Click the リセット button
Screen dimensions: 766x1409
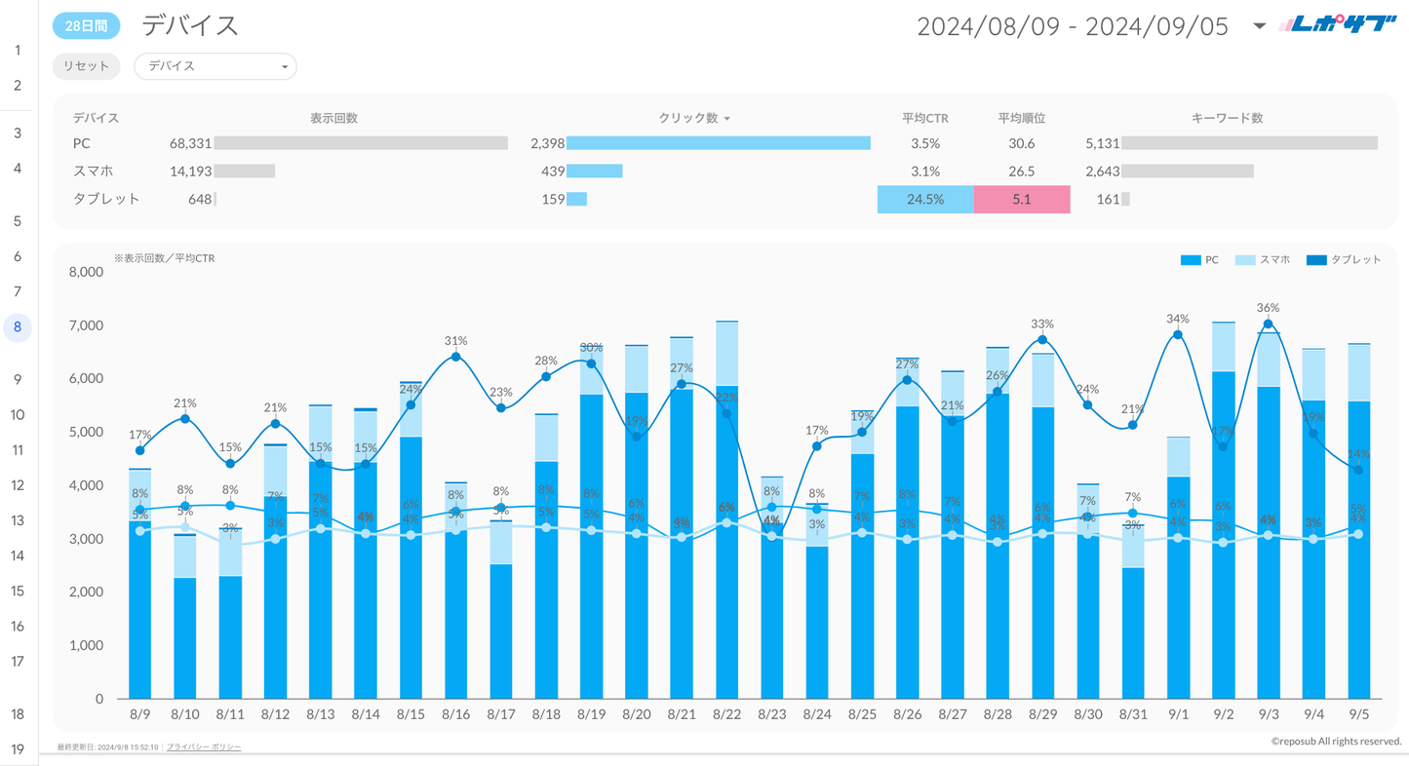click(86, 66)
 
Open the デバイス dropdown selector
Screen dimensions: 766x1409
click(215, 66)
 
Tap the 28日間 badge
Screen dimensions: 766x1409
click(86, 26)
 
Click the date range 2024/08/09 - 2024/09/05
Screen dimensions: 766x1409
click(1073, 26)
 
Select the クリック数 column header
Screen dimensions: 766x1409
click(688, 118)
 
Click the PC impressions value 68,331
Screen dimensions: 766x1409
click(190, 143)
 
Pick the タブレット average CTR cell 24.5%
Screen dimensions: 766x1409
click(925, 199)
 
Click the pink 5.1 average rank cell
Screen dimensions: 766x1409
click(1022, 199)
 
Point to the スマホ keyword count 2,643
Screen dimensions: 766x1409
click(1103, 172)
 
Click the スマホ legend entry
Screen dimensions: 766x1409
click(1264, 260)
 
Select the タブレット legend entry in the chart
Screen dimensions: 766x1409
click(1346, 260)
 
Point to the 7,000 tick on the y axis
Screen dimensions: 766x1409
click(86, 326)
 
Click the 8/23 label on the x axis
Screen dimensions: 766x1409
click(771, 714)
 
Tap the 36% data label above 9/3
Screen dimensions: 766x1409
click(1268, 308)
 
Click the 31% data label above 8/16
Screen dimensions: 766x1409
click(455, 341)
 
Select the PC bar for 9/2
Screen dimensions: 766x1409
click(1223, 536)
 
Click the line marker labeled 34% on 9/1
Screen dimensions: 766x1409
click(1178, 334)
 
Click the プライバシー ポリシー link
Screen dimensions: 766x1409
click(204, 747)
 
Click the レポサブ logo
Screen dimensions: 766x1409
click(1338, 25)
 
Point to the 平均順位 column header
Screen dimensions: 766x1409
click(1022, 118)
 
